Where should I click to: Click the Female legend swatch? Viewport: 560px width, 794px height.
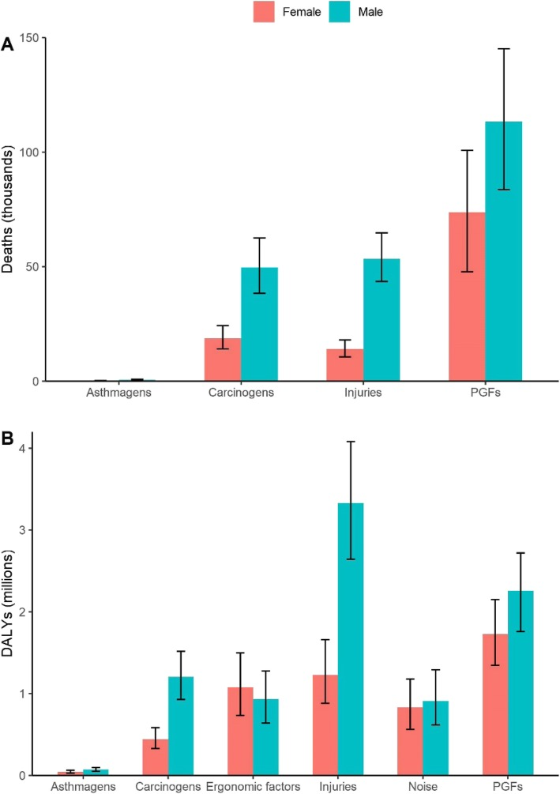(x=262, y=11)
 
